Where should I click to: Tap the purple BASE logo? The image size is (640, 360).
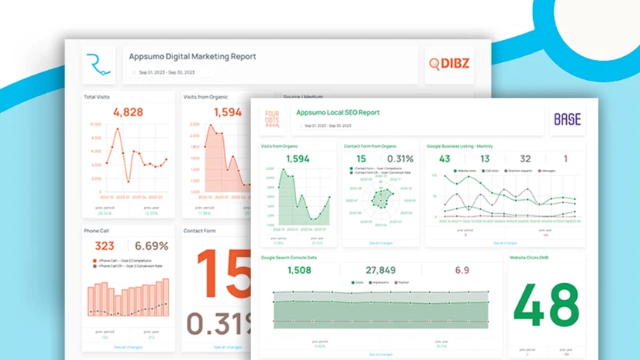567,119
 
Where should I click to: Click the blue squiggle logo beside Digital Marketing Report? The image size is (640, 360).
98,65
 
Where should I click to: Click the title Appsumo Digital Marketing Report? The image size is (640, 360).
192,57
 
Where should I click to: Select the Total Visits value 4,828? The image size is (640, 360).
128,112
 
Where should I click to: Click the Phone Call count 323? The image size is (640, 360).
104,246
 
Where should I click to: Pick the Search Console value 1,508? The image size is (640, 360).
299,270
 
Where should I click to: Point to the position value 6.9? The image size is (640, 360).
462,270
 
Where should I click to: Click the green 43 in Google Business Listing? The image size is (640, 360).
445,159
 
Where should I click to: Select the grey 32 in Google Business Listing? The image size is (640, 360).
525,159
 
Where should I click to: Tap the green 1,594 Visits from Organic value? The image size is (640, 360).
298,159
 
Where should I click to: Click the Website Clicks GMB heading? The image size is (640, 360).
530,258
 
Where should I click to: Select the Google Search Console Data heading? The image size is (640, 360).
288,258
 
